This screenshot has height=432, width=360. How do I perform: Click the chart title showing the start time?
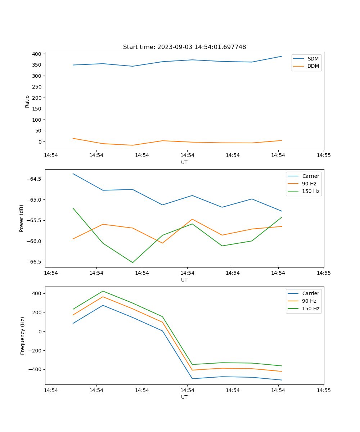(184, 47)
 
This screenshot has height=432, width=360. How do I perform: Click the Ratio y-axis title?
(27, 101)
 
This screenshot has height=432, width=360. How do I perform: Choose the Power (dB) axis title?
(22, 218)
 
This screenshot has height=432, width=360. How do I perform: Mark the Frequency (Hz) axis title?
(23, 336)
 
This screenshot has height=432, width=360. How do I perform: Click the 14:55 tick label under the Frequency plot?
(324, 390)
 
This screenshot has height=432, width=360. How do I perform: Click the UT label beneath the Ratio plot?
(184, 162)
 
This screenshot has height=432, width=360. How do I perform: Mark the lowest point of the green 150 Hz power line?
(132, 262)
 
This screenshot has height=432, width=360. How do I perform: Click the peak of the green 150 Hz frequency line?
(103, 291)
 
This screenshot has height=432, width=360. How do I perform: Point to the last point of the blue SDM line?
(282, 56)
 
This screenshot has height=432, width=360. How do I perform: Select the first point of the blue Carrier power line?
(73, 174)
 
